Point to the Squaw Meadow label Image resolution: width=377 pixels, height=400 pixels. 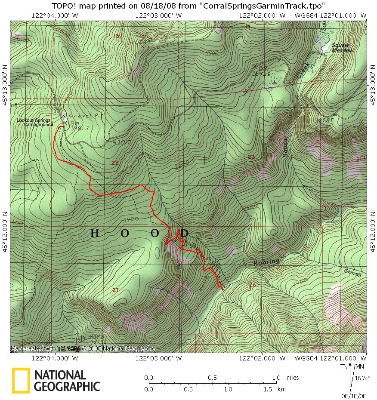click(x=342, y=48)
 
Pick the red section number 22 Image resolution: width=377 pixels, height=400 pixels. click(x=115, y=163)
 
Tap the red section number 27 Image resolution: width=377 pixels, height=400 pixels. click(x=115, y=291)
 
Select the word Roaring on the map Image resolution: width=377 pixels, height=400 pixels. click(x=266, y=262)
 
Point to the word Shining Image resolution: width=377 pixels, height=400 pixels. click(x=352, y=272)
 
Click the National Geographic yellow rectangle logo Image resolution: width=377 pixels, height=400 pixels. click(x=21, y=381)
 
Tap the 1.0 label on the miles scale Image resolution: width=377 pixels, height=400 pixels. click(x=276, y=378)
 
